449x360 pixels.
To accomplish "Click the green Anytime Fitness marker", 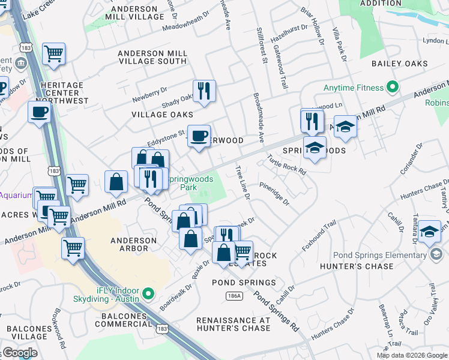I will click(393, 88).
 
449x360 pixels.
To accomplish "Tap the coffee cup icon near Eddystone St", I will click(199, 136).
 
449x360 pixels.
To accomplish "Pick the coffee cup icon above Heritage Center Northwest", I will click(40, 112).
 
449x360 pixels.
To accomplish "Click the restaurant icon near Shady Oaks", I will click(204, 91).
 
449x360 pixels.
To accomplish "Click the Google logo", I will click(20, 353).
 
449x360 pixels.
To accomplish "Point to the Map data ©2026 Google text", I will click(411, 355).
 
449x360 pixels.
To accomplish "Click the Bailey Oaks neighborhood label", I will click(399, 64).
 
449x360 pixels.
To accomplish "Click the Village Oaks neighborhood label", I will click(163, 114).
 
